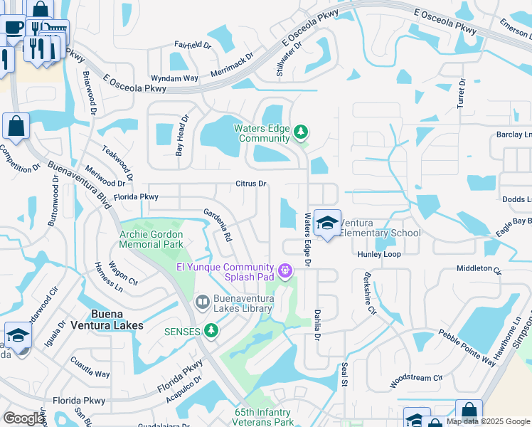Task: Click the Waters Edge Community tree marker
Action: pyautogui.click(x=301, y=132)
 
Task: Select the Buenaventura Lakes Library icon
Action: pyautogui.click(x=202, y=303)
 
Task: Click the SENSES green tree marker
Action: pyautogui.click(x=211, y=330)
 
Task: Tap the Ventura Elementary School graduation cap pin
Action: pyautogui.click(x=327, y=223)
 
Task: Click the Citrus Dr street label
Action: pyautogui.click(x=251, y=184)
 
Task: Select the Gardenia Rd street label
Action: pyautogui.click(x=218, y=223)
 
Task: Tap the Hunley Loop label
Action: pyautogui.click(x=379, y=254)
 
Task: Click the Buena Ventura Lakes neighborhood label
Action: pyautogui.click(x=107, y=320)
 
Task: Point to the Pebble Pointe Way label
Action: pyautogui.click(x=467, y=347)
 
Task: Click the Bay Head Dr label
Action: pyautogui.click(x=183, y=135)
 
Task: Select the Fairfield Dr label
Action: pyautogui.click(x=193, y=45)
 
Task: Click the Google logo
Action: pyautogui.click(x=23, y=418)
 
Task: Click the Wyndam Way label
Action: pyautogui.click(x=174, y=78)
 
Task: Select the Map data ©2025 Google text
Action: pyautogui.click(x=488, y=421)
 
